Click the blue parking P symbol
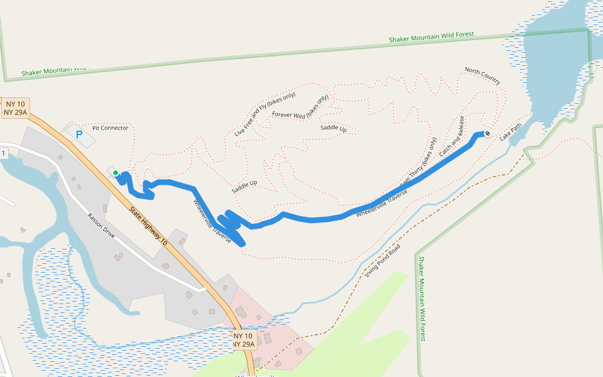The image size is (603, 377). tap(79, 134)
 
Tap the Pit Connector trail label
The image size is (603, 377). tap(110, 128)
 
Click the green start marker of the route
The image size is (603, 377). tap(116, 172)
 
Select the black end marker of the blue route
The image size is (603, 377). tap(487, 133)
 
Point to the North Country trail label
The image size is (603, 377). tap(482, 75)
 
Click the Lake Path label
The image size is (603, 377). tap(511, 131)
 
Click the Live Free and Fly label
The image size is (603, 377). tap(264, 114)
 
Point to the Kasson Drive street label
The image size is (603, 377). tap(101, 226)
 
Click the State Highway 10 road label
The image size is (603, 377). tap(148, 225)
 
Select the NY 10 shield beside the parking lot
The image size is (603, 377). tap(16, 108)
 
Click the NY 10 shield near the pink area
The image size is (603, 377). tap(243, 340)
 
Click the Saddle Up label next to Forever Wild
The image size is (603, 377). tap(334, 128)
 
